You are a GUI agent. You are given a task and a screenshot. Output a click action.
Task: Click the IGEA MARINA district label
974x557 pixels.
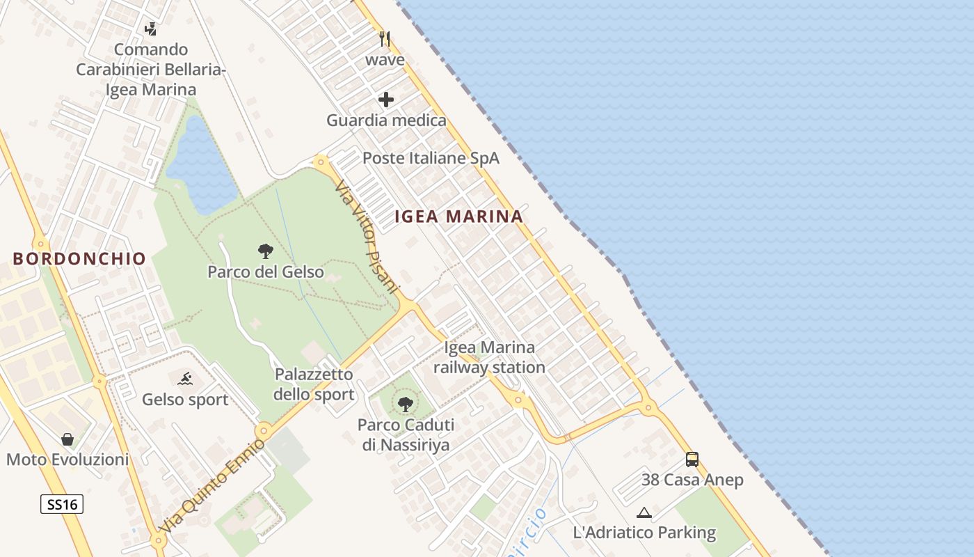(x=458, y=217)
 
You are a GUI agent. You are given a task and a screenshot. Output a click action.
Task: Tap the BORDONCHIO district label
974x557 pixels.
(x=79, y=259)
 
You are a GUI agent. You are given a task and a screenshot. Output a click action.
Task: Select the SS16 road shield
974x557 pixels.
(x=61, y=504)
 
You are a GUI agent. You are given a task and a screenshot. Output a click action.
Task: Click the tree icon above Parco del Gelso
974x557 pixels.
(x=265, y=251)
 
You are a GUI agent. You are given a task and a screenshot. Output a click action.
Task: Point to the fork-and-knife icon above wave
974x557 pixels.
(x=385, y=38)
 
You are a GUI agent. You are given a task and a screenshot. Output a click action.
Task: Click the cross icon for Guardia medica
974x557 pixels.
(x=386, y=100)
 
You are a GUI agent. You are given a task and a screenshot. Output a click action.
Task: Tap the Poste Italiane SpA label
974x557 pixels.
(x=431, y=158)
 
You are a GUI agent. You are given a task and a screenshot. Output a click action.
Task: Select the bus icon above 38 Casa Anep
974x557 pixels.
(x=692, y=460)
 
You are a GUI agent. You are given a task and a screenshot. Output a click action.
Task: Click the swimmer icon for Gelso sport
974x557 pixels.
(x=185, y=379)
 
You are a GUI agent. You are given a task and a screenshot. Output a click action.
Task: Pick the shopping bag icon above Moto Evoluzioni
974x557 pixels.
(x=67, y=439)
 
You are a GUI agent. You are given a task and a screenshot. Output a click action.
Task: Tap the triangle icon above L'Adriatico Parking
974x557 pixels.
(x=644, y=513)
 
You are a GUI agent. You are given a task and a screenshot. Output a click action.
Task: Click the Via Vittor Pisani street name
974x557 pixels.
(x=367, y=237)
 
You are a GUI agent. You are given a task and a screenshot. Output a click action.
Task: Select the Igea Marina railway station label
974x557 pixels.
(x=490, y=357)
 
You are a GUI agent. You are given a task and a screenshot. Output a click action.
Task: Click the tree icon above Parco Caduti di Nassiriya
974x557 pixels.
(x=405, y=404)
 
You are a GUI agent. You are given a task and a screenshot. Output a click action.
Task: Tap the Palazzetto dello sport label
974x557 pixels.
(x=314, y=384)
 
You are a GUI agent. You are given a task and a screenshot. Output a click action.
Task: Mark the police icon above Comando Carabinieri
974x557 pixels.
(x=150, y=29)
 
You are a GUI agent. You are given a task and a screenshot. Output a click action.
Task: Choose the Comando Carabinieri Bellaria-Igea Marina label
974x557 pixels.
(x=151, y=70)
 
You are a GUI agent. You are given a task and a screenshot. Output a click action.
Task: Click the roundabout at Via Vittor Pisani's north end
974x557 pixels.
(x=321, y=162)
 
